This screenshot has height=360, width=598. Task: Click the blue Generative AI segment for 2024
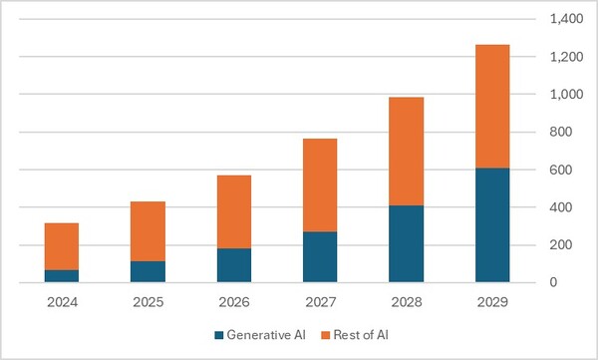point(62,276)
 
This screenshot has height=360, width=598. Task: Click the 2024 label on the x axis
point(62,300)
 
